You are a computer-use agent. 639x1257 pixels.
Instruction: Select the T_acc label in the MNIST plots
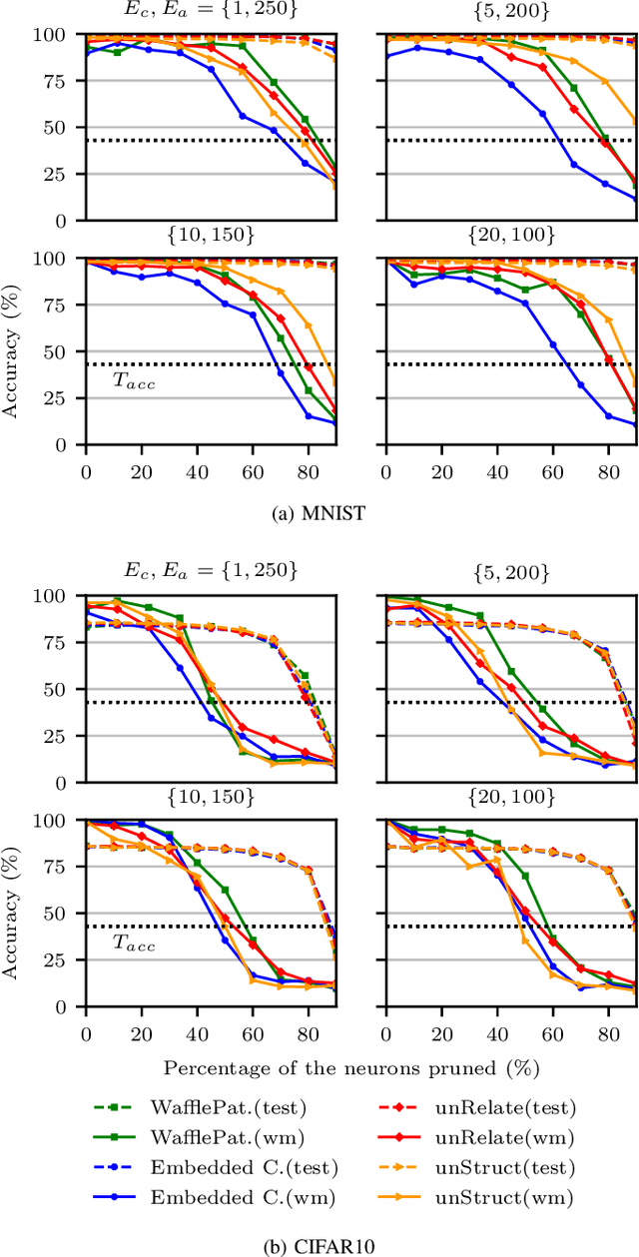(133, 381)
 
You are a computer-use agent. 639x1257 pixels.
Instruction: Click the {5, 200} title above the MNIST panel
(510, 11)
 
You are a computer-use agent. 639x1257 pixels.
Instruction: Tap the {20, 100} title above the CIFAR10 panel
(510, 797)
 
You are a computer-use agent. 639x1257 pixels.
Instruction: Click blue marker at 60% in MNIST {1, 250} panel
(242, 116)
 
